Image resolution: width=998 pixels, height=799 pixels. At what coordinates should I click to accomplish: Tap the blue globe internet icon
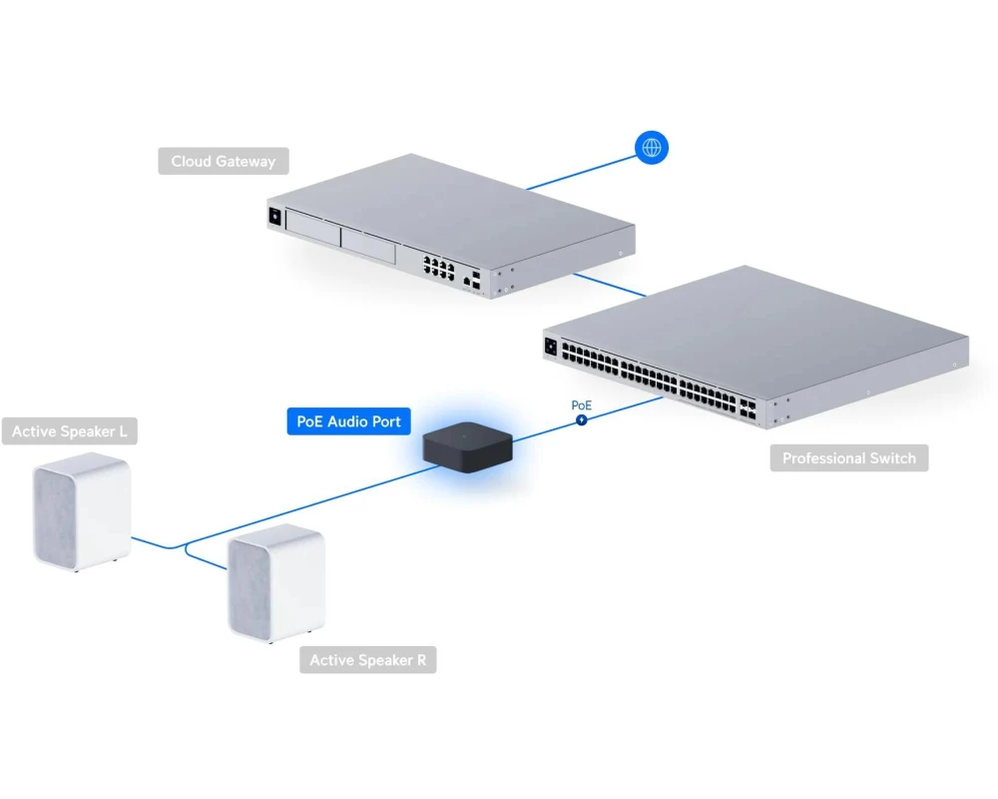(652, 148)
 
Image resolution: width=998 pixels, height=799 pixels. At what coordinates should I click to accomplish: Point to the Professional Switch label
(848, 458)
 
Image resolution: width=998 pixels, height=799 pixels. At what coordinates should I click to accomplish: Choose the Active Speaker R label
(367, 660)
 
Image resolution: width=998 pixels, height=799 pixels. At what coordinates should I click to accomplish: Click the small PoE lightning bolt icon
(581, 420)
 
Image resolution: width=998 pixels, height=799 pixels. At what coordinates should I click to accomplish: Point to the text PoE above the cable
(581, 405)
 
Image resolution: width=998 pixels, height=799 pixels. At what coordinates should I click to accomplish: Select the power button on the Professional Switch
(550, 347)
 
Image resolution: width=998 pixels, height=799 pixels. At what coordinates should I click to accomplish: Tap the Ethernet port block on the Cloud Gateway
(439, 267)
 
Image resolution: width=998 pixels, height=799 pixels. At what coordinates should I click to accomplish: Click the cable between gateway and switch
(610, 284)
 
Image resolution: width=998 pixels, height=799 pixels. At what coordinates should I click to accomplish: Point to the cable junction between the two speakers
(185, 545)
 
